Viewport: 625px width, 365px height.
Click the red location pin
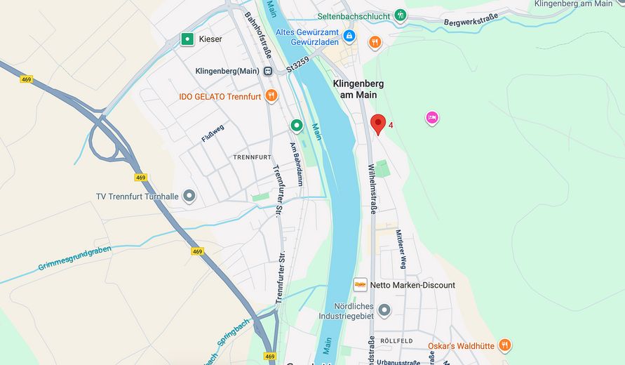click(378, 124)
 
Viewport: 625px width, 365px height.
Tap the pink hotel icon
click(432, 117)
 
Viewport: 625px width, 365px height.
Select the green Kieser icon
click(187, 39)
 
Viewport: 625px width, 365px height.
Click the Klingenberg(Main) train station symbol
click(267, 71)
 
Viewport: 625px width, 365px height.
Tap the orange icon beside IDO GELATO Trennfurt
click(271, 95)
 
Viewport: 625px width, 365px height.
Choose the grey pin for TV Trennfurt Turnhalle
click(189, 196)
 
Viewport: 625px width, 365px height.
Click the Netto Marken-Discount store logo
click(360, 285)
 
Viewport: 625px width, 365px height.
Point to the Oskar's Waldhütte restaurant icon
click(504, 345)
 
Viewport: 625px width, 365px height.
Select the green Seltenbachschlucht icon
click(400, 15)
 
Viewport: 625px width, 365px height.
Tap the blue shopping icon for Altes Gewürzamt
click(349, 35)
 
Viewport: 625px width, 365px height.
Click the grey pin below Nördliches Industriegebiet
click(384, 310)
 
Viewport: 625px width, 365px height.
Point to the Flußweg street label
click(213, 133)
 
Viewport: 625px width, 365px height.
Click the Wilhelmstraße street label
click(371, 188)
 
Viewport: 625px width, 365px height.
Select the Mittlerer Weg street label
click(400, 249)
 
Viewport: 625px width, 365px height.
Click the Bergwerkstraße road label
click(471, 22)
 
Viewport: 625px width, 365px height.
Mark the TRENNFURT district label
click(251, 157)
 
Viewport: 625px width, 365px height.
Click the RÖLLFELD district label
click(396, 340)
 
